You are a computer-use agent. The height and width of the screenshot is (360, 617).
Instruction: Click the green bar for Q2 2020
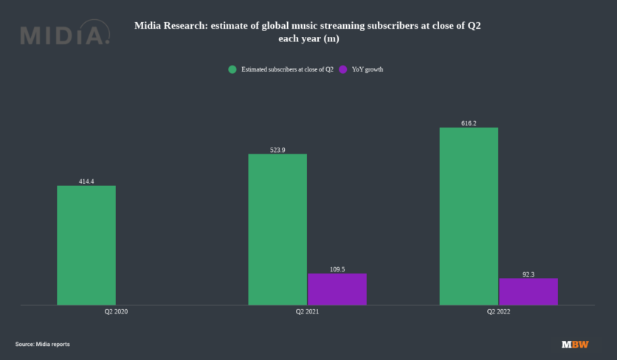(86, 245)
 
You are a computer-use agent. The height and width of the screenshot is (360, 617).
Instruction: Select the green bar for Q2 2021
(278, 229)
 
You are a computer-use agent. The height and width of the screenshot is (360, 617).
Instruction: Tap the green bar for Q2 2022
(469, 216)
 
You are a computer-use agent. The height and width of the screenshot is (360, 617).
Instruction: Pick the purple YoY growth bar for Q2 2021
(337, 289)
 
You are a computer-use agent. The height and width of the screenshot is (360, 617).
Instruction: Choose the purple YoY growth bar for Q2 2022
(528, 291)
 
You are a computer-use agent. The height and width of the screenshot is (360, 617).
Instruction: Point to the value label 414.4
(86, 181)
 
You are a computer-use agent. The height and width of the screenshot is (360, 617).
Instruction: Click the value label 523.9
(278, 150)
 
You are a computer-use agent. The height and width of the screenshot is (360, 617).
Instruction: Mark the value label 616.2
(469, 123)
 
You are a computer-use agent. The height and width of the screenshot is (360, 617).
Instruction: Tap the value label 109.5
(337, 269)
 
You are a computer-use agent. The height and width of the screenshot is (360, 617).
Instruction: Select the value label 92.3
(528, 274)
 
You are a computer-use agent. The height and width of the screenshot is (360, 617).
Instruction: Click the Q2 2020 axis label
(116, 313)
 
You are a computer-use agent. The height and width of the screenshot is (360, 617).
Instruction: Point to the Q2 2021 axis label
(307, 313)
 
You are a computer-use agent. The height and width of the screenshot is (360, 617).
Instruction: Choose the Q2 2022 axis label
(498, 313)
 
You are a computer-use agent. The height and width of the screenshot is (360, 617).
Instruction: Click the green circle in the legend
(232, 69)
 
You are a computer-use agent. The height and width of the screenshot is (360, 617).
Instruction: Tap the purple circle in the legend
(343, 69)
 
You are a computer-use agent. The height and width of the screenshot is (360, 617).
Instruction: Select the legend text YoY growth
(368, 69)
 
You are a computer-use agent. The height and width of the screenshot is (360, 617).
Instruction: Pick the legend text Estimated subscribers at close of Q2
(287, 69)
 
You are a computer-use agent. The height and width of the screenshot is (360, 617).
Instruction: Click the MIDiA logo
(65, 35)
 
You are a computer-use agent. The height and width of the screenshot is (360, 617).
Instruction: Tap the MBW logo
(575, 345)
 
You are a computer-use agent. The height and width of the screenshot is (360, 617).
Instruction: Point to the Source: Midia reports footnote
(43, 345)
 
